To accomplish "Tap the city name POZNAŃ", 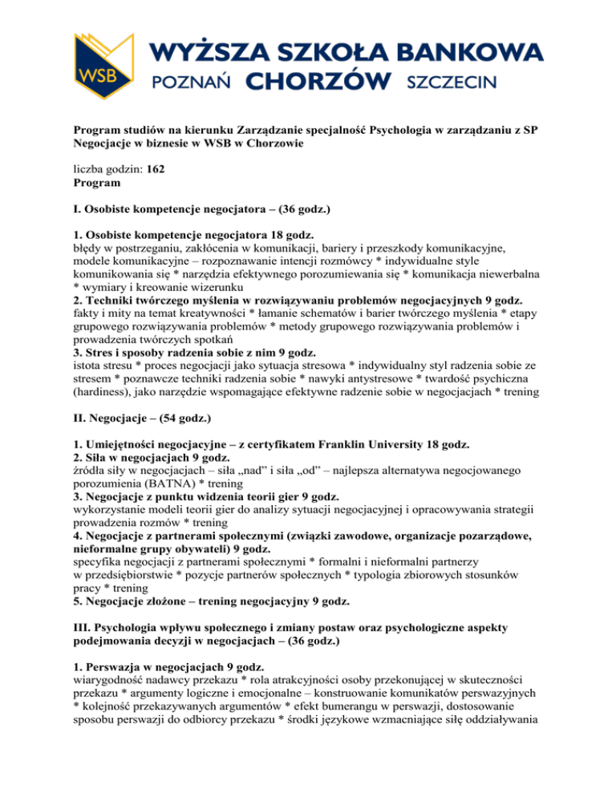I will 192,81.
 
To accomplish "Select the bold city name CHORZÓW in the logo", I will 318,81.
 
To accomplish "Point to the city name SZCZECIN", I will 453,81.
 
